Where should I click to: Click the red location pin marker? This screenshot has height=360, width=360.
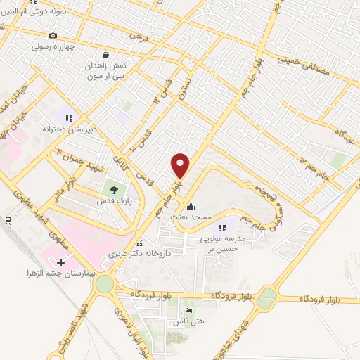point(181,165)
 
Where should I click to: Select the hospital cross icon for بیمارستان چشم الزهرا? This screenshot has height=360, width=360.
point(61,262)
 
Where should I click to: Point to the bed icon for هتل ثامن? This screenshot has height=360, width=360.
point(188,311)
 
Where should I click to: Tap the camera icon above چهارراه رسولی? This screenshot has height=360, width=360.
point(53,36)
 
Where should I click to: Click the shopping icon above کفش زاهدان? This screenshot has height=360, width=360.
point(105,54)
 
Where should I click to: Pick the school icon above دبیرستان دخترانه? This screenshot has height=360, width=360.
point(68,117)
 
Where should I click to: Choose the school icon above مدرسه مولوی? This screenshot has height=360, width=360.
point(222,227)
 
